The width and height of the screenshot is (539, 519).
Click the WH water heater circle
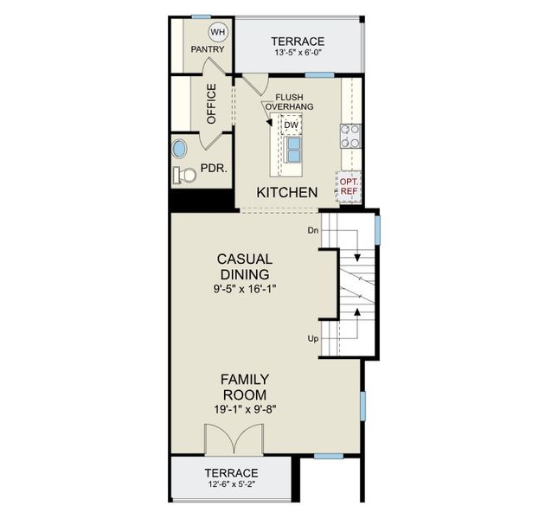[x=216, y=33]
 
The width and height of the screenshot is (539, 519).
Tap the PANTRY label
[x=208, y=49]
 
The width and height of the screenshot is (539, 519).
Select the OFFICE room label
[x=210, y=104]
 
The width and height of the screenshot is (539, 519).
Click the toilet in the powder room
[x=184, y=175]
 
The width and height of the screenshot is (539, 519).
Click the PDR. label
[x=214, y=169]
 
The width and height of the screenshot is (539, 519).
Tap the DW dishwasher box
[x=291, y=125]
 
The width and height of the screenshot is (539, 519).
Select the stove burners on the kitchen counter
[x=352, y=135]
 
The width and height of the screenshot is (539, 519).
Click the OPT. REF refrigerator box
[x=348, y=187]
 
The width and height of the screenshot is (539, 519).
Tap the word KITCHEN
[x=286, y=192]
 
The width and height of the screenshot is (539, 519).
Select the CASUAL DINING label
[x=245, y=266]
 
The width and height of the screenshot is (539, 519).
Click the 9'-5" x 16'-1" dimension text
[x=246, y=288]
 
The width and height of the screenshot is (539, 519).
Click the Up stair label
[x=312, y=338]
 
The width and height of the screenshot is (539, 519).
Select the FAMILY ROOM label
[x=245, y=388]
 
